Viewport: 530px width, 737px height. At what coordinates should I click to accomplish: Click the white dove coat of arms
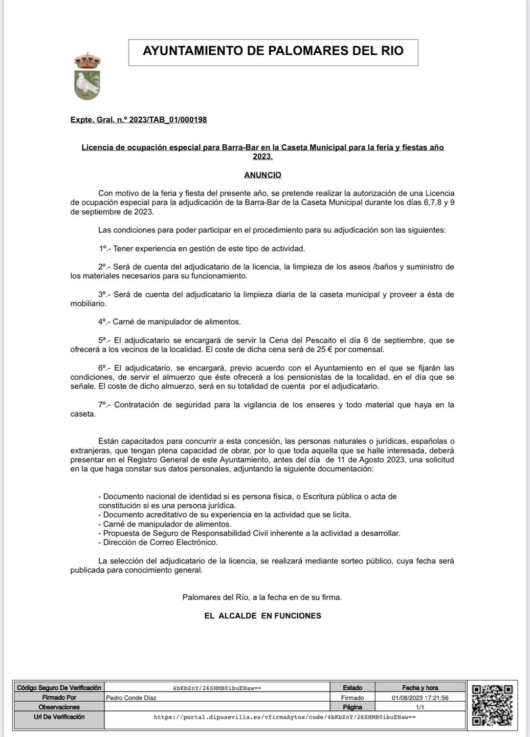click(x=87, y=77)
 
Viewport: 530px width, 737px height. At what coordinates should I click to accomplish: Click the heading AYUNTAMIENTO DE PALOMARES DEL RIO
click(x=273, y=51)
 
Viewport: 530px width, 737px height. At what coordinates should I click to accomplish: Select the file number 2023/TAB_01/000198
click(x=168, y=120)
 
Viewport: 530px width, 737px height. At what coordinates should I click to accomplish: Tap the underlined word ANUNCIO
click(x=262, y=175)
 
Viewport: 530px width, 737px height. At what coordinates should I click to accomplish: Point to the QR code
click(x=492, y=705)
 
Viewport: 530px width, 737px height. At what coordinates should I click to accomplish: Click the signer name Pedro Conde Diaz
click(x=131, y=698)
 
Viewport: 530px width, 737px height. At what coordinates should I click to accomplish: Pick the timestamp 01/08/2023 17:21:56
click(x=420, y=698)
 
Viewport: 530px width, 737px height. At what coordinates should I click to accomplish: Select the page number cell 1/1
click(x=420, y=707)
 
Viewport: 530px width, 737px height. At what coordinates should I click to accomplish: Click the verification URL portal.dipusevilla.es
click(x=284, y=717)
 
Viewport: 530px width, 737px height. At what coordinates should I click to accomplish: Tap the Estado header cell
click(x=352, y=688)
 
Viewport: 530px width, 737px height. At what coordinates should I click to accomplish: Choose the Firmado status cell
click(x=352, y=698)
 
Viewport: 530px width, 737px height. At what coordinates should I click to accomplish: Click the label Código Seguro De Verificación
click(x=59, y=688)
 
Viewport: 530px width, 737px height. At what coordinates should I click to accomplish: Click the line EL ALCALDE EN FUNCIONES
click(x=262, y=616)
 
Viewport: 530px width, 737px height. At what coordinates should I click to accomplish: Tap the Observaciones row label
click(x=59, y=707)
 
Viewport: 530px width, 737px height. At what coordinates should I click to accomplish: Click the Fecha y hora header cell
click(x=420, y=688)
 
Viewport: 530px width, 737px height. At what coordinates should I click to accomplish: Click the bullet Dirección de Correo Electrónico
click(x=160, y=543)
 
